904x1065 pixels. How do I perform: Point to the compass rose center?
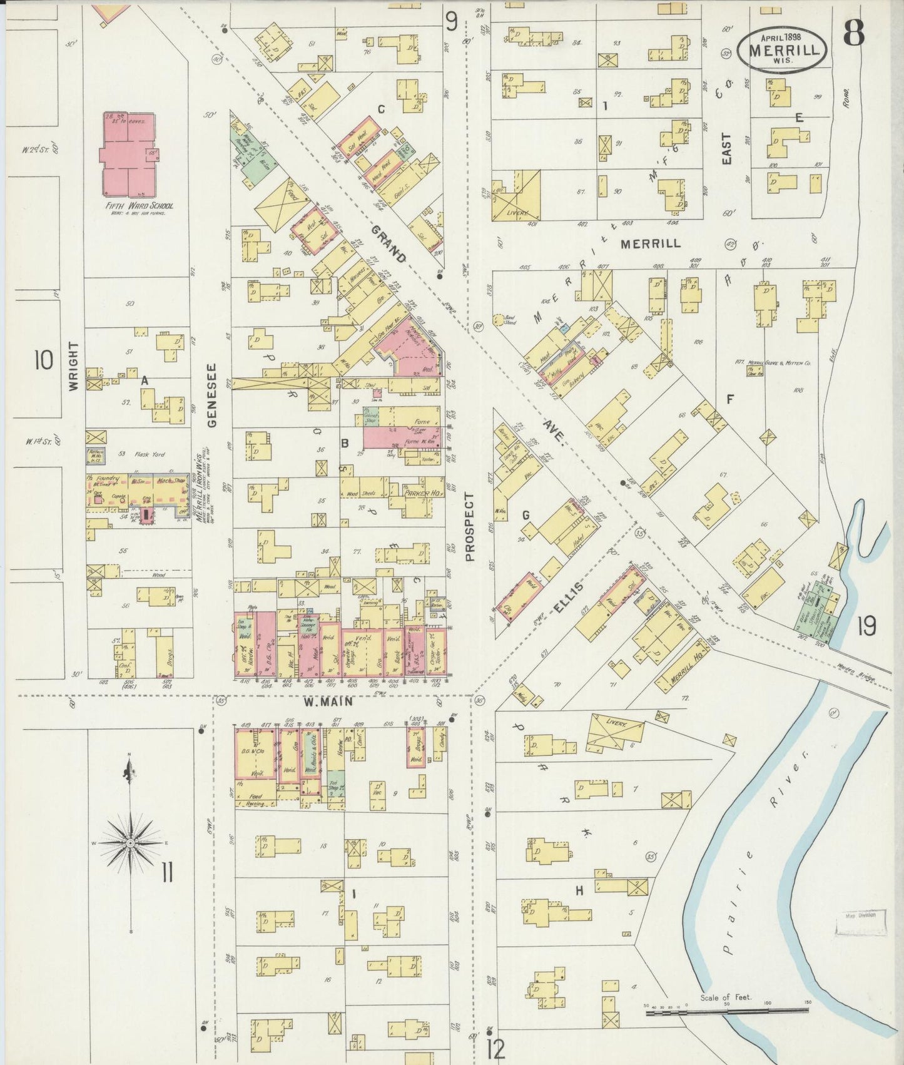tap(130, 843)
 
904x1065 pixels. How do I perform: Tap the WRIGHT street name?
tap(74, 367)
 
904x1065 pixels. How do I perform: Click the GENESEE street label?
tap(212, 395)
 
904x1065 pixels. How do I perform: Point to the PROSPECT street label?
tap(470, 526)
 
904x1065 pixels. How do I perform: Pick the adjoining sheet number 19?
tap(866, 626)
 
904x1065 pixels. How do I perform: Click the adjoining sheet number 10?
tap(44, 361)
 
